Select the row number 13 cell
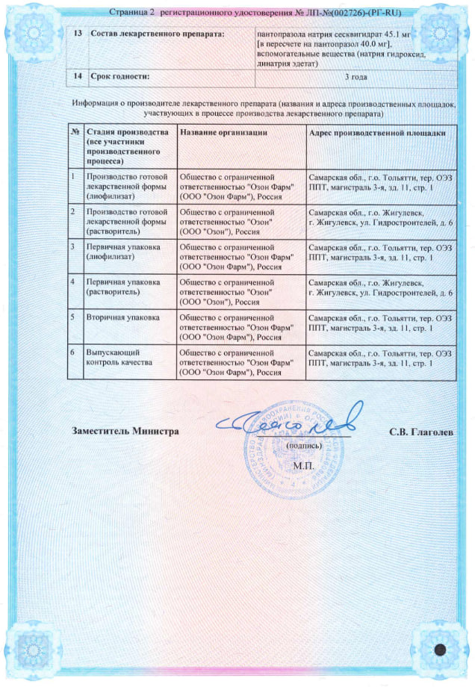tap(78, 34)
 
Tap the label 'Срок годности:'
tap(119, 76)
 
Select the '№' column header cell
tap(75, 132)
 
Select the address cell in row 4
tap(380, 287)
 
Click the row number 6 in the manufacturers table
tap(72, 352)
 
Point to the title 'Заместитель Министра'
tap(125, 432)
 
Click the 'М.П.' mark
tap(305, 465)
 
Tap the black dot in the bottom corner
tap(441, 648)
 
